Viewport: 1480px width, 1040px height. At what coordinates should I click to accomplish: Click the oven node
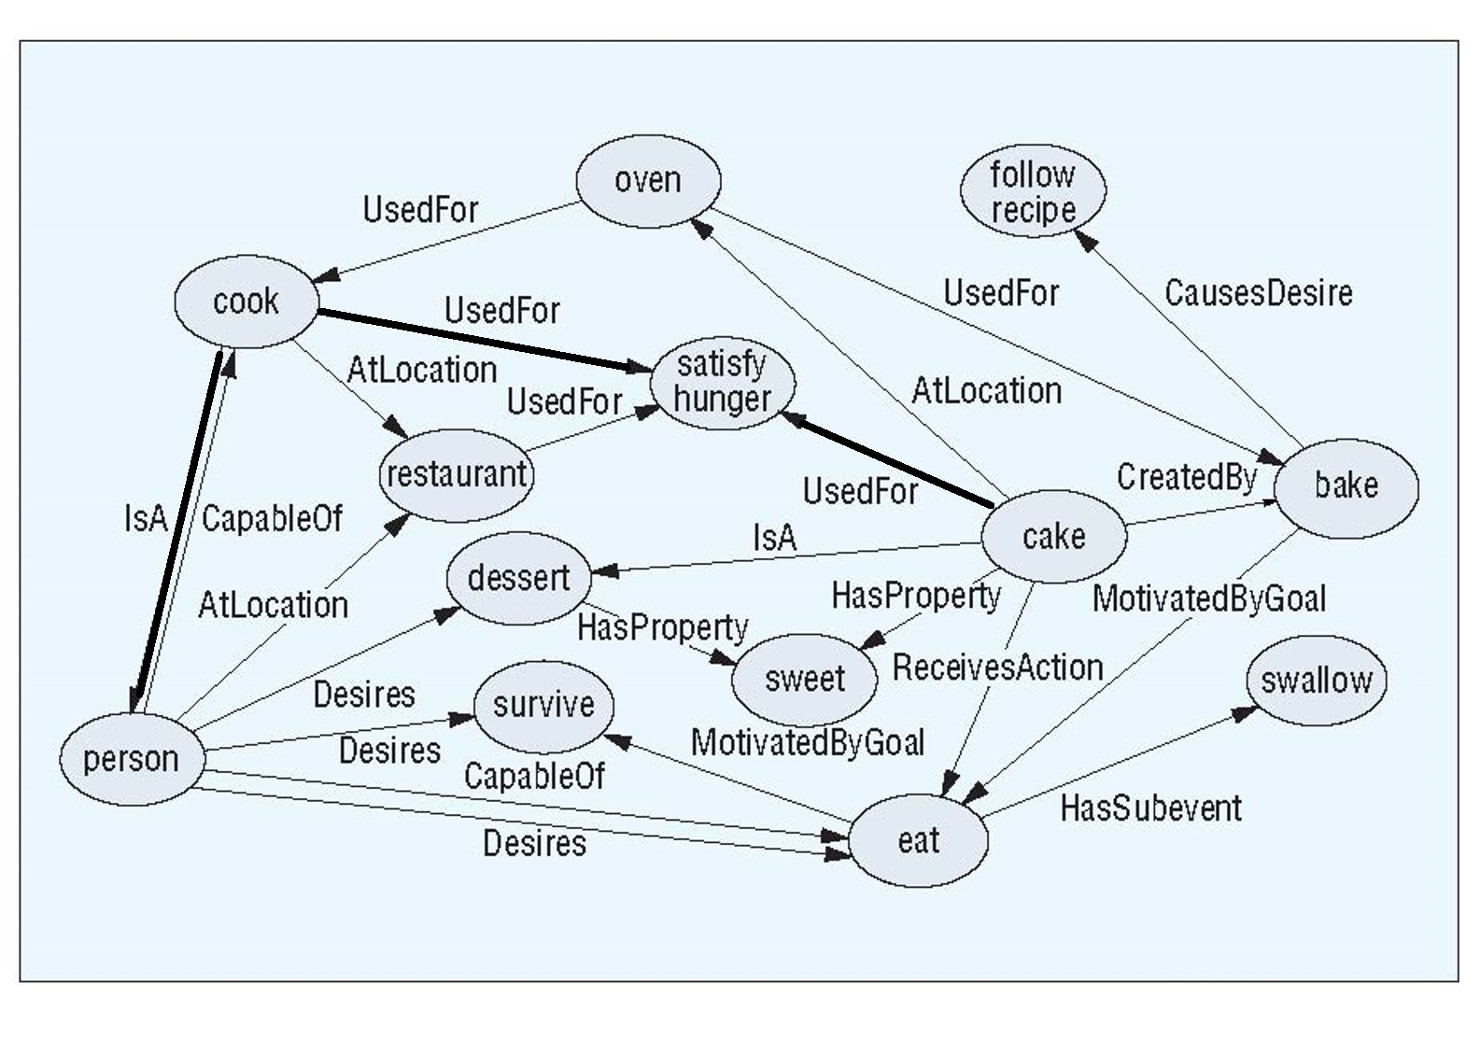coord(648,180)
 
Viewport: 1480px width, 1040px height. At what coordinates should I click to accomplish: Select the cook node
coord(247,302)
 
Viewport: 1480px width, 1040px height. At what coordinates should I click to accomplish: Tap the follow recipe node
coord(1033,191)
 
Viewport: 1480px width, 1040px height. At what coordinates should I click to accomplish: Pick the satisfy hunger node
coord(722,382)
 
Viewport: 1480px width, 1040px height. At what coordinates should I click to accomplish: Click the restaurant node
coord(457,475)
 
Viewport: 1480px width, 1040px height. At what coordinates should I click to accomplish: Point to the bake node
coord(1346,485)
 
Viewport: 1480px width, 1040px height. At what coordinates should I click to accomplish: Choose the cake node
coord(1053,537)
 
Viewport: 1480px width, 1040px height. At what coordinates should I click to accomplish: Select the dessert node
coord(518,578)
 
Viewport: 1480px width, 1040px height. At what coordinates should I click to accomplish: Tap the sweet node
coord(804,679)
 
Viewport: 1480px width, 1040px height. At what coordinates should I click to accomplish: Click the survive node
coord(543,705)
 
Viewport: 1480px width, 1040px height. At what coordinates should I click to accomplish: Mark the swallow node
coord(1316,681)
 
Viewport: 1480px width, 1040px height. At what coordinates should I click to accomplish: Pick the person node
coord(131,759)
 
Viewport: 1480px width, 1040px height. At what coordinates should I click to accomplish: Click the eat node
coord(918,841)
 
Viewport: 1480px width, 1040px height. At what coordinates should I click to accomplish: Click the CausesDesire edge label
coord(1258,294)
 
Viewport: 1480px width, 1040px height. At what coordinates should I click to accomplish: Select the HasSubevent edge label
coord(1150,808)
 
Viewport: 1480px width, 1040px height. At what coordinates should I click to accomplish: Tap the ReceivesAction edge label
coord(997,668)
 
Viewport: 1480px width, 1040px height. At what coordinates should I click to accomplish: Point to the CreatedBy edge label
coord(1187,478)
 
